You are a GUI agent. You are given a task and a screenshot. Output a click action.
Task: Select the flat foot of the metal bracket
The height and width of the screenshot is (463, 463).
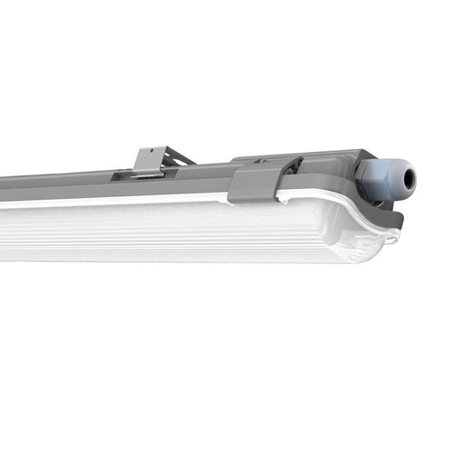[147, 173]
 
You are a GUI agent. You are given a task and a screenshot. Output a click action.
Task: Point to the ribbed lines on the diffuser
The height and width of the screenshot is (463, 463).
[181, 237]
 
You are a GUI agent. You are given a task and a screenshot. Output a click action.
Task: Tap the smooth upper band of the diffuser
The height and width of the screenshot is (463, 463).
[136, 210]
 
